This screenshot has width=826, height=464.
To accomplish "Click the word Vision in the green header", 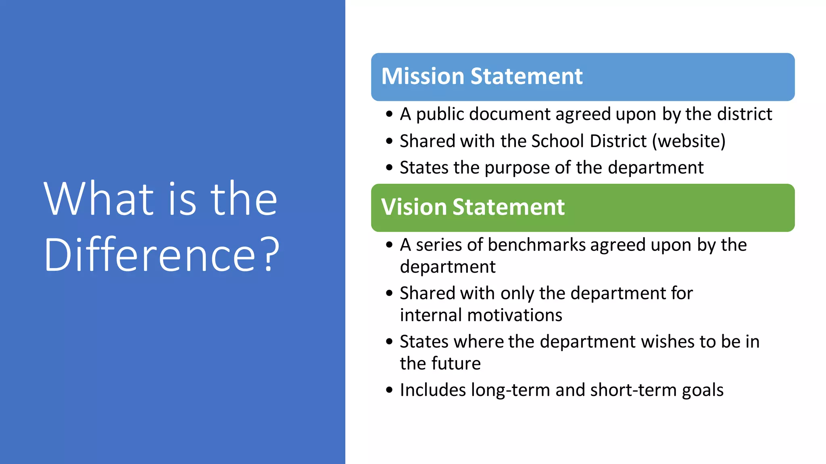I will [x=413, y=207].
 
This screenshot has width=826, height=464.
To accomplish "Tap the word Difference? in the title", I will [x=162, y=255].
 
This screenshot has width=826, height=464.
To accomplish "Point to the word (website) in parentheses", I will [x=689, y=141].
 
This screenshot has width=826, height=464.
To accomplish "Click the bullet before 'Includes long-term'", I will [x=389, y=390].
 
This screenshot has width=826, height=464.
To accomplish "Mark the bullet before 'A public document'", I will [x=389, y=114].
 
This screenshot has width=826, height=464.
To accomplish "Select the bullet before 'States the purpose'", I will [x=389, y=168].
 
